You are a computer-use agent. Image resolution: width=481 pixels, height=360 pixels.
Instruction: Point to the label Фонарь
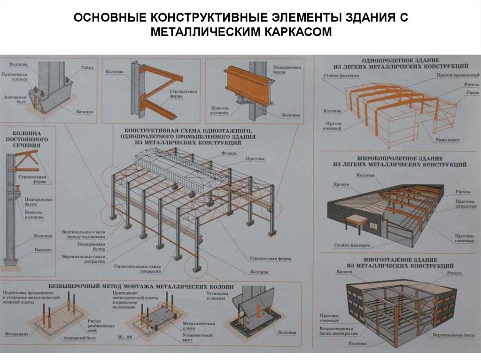pos(230,153)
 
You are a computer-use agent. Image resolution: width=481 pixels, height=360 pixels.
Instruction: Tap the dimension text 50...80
pos(124,337)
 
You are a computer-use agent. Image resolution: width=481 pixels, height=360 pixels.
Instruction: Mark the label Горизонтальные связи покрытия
pos(137,269)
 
